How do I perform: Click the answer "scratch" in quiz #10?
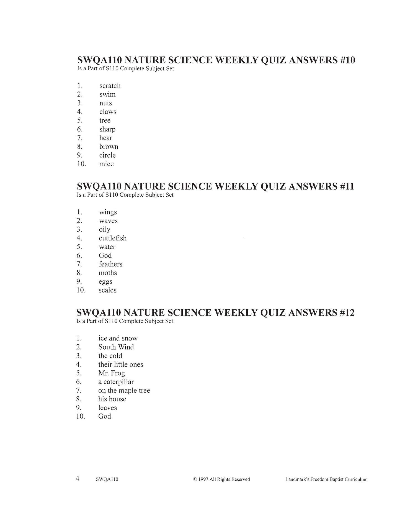[x=110, y=86]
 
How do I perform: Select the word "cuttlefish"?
[x=113, y=238]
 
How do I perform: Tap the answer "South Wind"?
[x=116, y=347]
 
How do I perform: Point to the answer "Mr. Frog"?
[x=112, y=373]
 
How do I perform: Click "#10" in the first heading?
[x=347, y=60]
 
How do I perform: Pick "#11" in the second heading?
[x=346, y=186]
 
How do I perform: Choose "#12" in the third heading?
[x=346, y=313]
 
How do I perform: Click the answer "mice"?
[x=106, y=164]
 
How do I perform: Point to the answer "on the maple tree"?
[x=124, y=391]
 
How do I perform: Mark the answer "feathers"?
[x=110, y=264]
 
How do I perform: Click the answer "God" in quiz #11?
[x=105, y=256]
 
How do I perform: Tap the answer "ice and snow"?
[x=118, y=339]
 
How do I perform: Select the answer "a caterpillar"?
[x=116, y=382]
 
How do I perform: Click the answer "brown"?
[x=109, y=147]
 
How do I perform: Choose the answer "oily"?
[x=105, y=230]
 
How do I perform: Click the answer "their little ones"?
[x=121, y=365]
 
